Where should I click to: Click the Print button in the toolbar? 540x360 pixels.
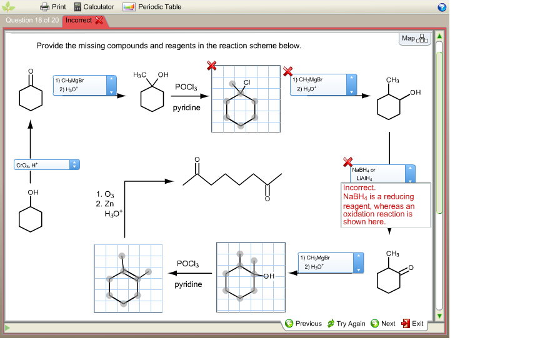(x=53, y=7)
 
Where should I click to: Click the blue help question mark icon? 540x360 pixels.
(x=442, y=7)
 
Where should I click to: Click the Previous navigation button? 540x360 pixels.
(x=303, y=324)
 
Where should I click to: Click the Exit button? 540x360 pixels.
(x=412, y=324)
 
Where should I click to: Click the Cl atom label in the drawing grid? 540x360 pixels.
(x=247, y=82)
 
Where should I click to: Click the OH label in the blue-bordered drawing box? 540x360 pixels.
(x=269, y=276)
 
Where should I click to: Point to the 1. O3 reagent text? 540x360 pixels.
(x=106, y=194)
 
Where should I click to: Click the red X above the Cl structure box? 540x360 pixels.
(x=212, y=66)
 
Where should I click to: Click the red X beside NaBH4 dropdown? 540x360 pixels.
(x=348, y=162)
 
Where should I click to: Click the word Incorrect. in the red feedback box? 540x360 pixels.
(x=359, y=187)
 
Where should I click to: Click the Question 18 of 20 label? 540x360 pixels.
(x=32, y=20)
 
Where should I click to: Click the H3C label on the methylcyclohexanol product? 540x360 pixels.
(x=140, y=75)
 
